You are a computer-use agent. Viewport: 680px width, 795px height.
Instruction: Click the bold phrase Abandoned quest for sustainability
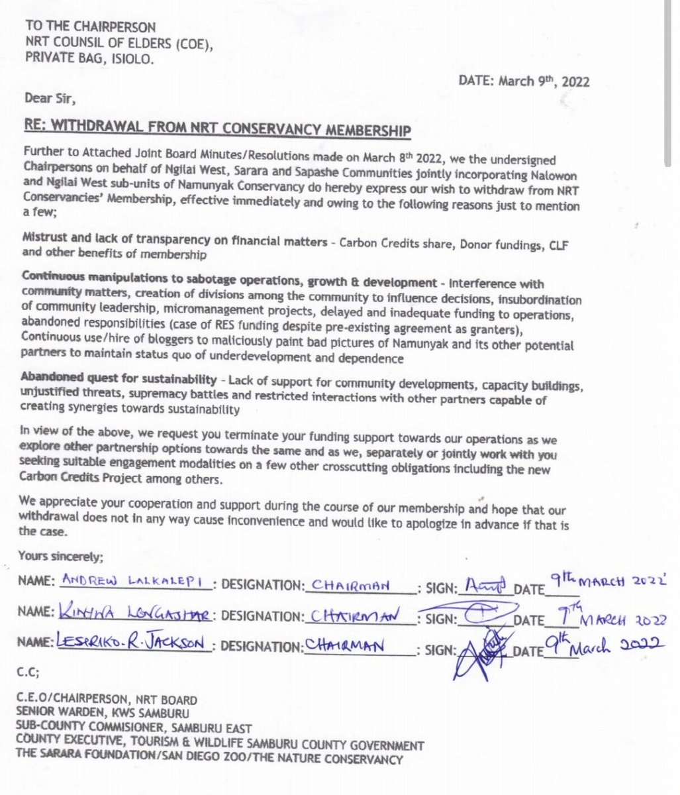tap(119, 380)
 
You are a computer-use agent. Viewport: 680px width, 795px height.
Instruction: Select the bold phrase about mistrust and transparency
tap(174, 242)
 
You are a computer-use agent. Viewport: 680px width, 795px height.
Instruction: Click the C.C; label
tap(29, 673)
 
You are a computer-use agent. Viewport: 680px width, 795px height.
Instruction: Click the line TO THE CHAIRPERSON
tap(91, 27)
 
